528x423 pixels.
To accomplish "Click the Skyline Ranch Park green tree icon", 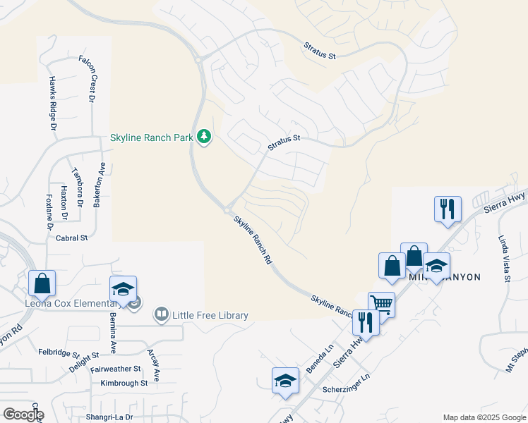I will point(205,136).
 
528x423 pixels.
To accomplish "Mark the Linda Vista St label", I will point(504,259).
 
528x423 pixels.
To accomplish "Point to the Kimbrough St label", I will point(124,383).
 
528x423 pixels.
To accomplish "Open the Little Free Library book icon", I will point(162,314).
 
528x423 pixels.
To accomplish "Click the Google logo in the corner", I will point(23,414).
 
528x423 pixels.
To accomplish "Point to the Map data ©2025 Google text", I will point(484,417).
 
